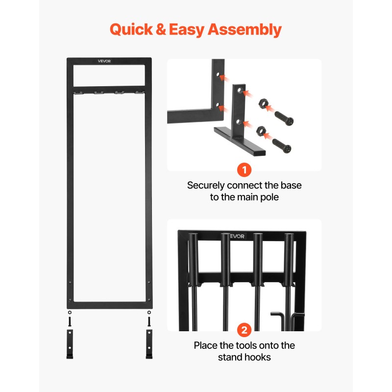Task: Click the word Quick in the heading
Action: click(x=131, y=30)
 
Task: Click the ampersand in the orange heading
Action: click(x=161, y=29)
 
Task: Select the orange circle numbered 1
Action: click(x=244, y=170)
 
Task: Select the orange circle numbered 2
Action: click(x=244, y=330)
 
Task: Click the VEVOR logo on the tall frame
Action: click(x=104, y=61)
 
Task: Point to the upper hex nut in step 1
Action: click(x=263, y=103)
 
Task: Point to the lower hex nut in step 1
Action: click(x=261, y=131)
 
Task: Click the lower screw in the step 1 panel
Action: click(x=282, y=146)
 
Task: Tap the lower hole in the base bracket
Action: click(x=239, y=122)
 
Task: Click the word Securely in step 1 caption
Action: click(x=206, y=186)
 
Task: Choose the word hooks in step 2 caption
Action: click(x=257, y=357)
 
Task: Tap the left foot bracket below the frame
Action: click(x=70, y=344)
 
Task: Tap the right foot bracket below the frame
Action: click(x=149, y=344)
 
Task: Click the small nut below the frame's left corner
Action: click(x=70, y=313)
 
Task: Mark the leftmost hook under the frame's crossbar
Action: click(x=78, y=93)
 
